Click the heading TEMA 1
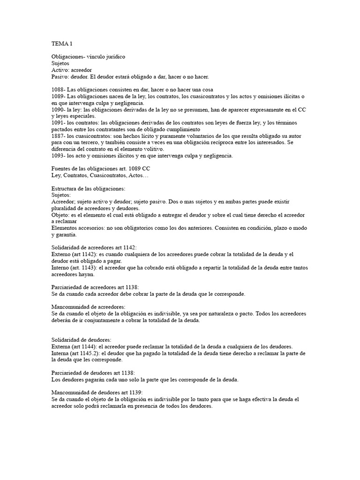pos(62,43)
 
